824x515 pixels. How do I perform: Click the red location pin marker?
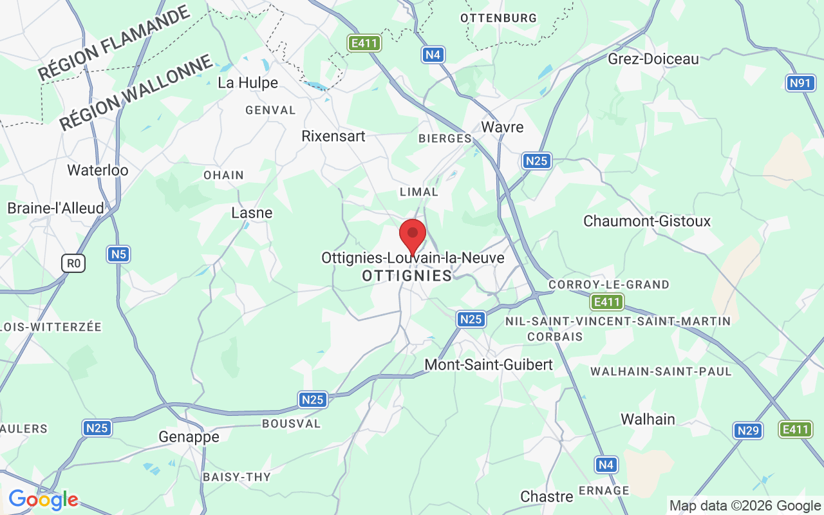pos(413,235)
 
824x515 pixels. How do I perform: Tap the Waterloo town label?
pos(98,171)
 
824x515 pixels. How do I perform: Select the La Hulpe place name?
pos(248,83)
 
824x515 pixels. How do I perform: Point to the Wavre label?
pos(502,127)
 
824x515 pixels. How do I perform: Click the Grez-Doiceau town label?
pos(653,59)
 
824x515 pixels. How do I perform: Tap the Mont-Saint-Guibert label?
pos(489,365)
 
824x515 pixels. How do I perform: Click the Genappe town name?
pos(189,437)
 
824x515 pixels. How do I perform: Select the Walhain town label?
pos(648,419)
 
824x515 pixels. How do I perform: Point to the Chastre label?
pos(547,496)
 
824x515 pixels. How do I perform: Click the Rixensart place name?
pos(333,136)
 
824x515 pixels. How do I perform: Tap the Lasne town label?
pos(252,212)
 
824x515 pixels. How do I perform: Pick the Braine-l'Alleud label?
pos(55,209)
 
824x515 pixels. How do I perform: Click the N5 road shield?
pos(118,254)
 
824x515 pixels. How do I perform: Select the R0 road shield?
pos(74,263)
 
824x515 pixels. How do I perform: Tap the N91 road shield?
pos(800,82)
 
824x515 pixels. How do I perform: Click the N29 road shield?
pos(748,430)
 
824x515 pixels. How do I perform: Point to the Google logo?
pos(43,500)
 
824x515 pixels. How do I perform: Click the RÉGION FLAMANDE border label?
pos(114,43)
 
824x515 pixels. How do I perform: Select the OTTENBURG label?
pos(498,18)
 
